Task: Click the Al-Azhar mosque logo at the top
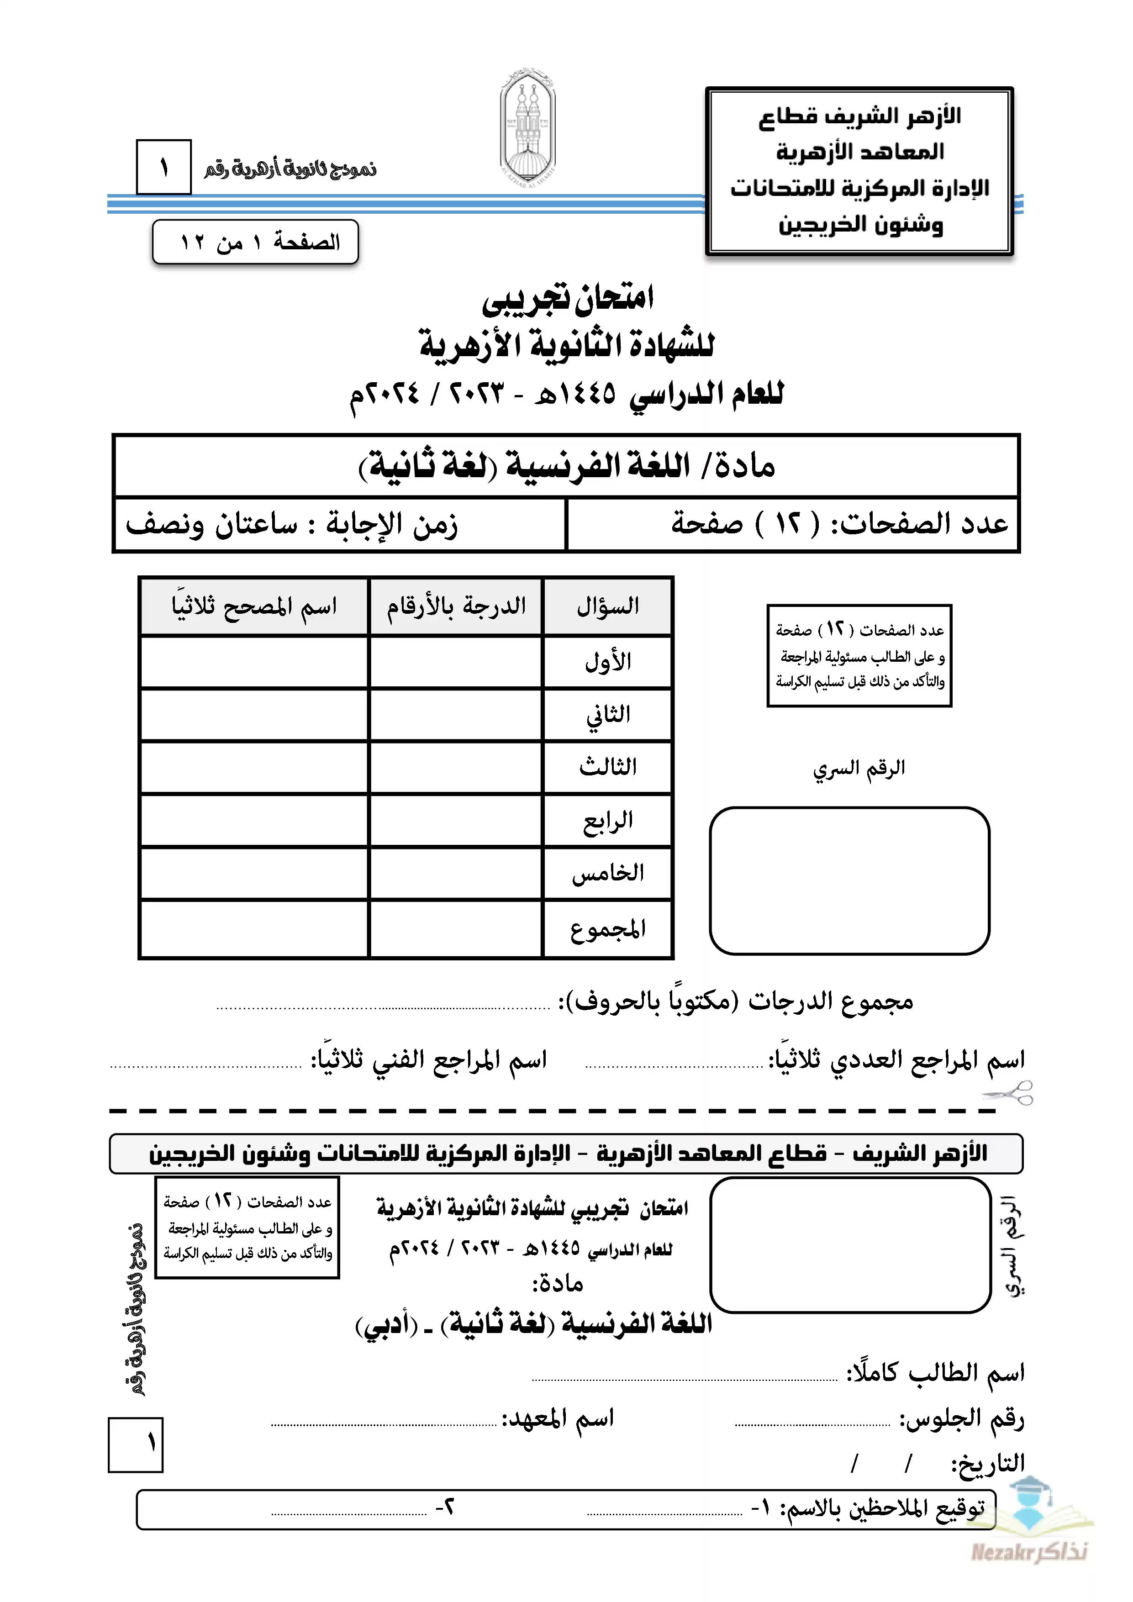pyautogui.click(x=528, y=126)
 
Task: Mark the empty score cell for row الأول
pyautogui.click(x=456, y=661)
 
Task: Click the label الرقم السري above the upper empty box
pyautogui.click(x=859, y=768)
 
